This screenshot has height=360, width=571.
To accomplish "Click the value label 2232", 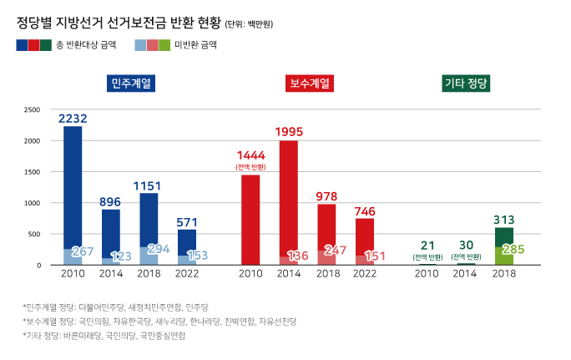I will coord(73,119).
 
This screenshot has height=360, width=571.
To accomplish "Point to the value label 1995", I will coord(288,132).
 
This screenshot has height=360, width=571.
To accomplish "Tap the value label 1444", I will coord(250,155).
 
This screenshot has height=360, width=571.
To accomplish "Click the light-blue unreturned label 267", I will coord(82,251).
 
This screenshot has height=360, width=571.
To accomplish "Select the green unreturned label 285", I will coord(513,249).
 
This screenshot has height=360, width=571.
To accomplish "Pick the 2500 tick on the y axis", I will coord(33,109).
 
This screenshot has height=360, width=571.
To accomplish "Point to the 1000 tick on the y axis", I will coord(33,203).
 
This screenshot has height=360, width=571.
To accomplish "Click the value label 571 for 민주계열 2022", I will coord(187,222).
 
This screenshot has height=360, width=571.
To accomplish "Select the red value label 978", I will coord(326,196).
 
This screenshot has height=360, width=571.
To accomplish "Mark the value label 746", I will coord(365,210).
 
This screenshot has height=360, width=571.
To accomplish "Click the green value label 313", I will coord(503,220).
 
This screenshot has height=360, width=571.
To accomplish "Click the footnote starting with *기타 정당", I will coord(104,335).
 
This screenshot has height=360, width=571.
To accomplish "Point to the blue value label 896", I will coord(111,201).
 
